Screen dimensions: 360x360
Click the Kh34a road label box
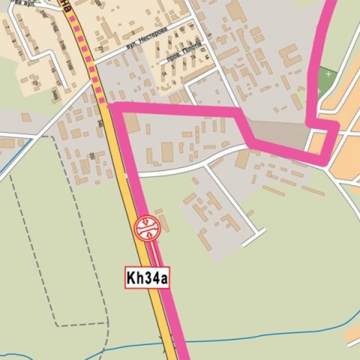[x=147, y=277]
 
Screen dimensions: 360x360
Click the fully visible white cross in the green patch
[x=329, y=74]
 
